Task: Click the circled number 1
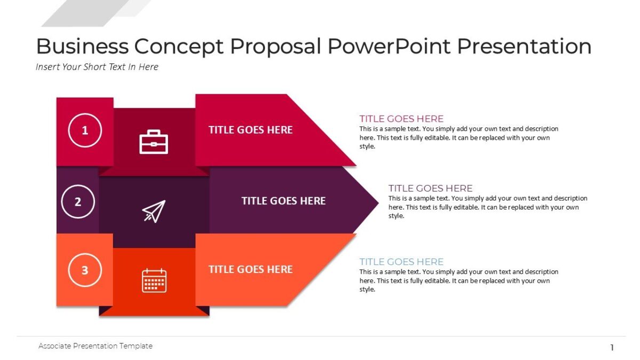tap(85, 130)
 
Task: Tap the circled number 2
tap(78, 202)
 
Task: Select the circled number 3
tap(85, 270)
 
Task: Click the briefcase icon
tap(154, 142)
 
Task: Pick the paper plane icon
tap(154, 211)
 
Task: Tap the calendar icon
tap(154, 281)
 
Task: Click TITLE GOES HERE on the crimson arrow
tap(250, 130)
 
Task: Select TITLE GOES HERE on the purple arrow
tap(283, 201)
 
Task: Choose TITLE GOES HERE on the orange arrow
tap(250, 269)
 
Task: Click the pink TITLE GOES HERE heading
tap(401, 118)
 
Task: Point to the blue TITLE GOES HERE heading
tap(401, 261)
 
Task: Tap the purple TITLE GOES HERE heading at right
tap(430, 188)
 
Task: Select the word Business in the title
tap(82, 46)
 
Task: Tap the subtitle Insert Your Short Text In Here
tap(97, 67)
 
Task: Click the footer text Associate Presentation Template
tap(95, 346)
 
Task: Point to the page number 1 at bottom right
tap(612, 348)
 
